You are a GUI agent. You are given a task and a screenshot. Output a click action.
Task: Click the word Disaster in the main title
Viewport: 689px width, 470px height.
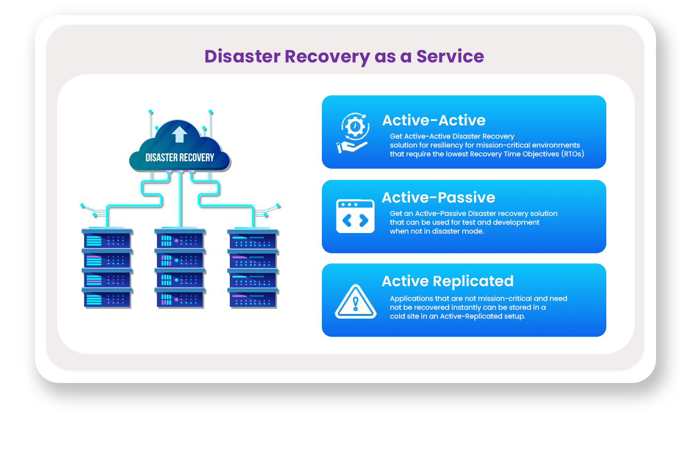pos(242,57)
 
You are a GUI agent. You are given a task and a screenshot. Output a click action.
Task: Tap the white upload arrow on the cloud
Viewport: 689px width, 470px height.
pos(179,134)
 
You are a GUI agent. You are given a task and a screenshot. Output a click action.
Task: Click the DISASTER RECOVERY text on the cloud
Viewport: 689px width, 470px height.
pos(180,158)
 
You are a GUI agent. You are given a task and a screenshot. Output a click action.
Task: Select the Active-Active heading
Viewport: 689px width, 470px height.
pos(434,120)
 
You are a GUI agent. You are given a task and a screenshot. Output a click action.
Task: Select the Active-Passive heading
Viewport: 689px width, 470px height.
pos(438,197)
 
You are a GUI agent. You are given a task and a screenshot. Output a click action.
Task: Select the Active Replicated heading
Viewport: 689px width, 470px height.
pos(447,281)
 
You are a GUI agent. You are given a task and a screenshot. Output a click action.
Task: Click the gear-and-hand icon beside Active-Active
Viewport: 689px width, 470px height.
pos(353,133)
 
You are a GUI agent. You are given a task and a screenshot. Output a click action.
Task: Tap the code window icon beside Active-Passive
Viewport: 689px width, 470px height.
pos(355,216)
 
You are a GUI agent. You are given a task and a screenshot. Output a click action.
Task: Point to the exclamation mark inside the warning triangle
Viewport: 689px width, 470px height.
pos(355,304)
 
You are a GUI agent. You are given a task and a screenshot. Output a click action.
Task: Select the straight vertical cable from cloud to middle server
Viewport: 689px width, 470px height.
pos(181,200)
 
